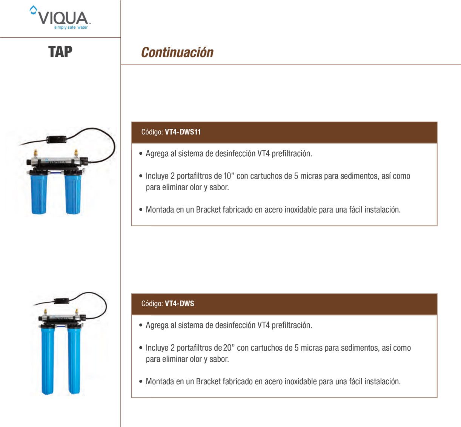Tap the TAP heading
[60, 52]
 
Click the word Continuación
[177, 52]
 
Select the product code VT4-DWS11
[183, 132]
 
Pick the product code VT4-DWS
[180, 304]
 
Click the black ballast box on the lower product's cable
[61, 301]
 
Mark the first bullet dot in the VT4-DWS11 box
[141, 154]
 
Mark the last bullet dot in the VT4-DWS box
[141, 381]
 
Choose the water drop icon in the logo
[34, 10]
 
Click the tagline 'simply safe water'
[71, 27]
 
